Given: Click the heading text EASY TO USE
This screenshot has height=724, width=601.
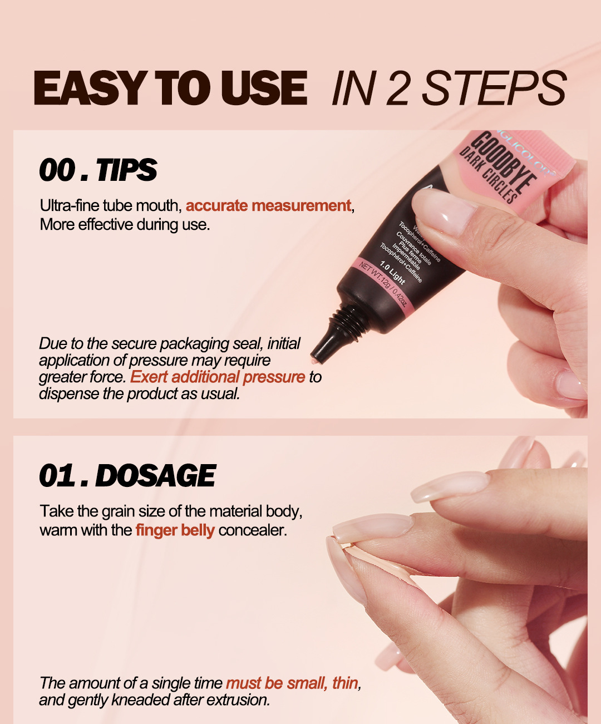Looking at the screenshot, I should pos(170,88).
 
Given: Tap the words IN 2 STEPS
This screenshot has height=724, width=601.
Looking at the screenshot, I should pos(449,88).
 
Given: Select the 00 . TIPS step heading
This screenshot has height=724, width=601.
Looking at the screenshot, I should pos(98,170).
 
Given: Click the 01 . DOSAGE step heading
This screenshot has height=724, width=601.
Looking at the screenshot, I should pos(127,476).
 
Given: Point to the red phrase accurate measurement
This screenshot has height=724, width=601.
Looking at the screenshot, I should pos(268,206).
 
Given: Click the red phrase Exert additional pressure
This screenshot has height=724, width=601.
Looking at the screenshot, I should pos(218,377).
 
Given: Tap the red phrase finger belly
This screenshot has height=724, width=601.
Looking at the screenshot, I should pos(175,530).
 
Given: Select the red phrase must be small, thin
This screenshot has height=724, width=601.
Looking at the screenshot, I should pos(293,683).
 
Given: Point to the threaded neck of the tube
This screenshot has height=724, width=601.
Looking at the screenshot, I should pos(345,322).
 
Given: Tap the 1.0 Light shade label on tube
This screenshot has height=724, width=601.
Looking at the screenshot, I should pos(392,273).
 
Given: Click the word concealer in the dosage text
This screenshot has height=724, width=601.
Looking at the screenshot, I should pos(253,530).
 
